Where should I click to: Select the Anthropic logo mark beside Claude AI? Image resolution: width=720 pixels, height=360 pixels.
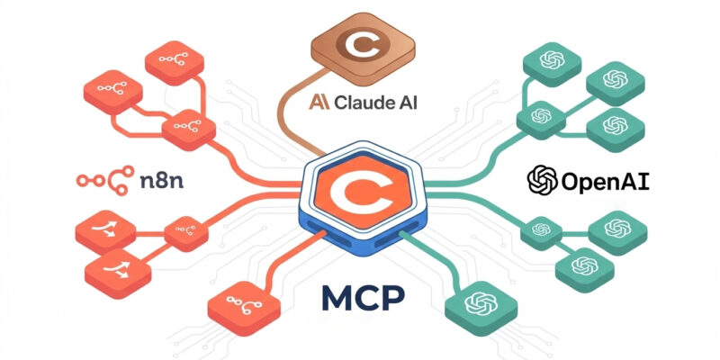point(319,103)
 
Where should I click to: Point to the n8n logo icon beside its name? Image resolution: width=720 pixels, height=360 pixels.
point(105,181)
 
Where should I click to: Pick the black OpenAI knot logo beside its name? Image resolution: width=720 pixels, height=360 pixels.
point(543,181)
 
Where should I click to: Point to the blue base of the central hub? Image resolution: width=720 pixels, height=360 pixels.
point(363,233)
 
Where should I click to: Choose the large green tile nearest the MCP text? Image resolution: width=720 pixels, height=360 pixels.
point(481,305)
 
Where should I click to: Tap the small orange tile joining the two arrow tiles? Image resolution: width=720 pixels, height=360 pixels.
point(186,233)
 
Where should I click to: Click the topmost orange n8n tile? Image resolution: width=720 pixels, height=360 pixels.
point(175,62)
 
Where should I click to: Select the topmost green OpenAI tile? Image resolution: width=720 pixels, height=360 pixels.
point(552,64)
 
